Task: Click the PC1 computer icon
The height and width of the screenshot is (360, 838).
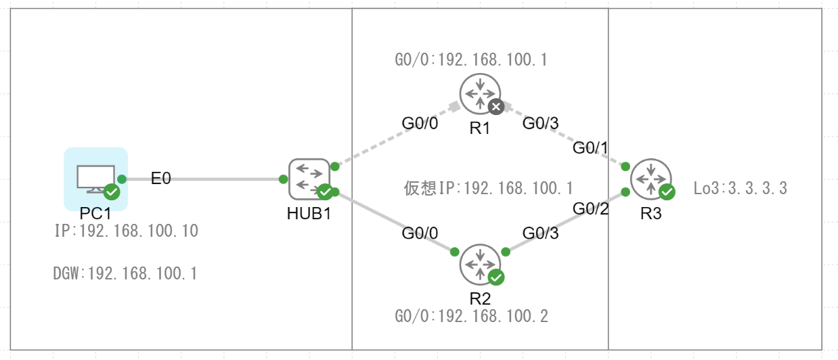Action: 95,178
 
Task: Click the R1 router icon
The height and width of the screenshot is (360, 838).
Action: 480,94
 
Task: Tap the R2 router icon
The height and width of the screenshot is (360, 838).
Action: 480,264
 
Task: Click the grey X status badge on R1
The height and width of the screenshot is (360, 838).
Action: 496,107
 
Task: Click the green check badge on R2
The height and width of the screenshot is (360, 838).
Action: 496,277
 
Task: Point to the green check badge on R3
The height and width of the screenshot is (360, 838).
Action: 667,192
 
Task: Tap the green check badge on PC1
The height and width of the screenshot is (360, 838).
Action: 112,192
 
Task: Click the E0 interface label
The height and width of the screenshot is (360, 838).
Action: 161,179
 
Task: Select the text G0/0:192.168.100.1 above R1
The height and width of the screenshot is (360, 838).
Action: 471,60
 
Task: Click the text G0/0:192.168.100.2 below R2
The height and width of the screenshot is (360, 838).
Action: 471,316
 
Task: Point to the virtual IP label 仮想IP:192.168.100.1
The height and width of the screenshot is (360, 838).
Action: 489,187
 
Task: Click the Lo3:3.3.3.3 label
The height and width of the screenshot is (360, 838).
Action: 741,188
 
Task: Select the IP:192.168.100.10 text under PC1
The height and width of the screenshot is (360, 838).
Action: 126,231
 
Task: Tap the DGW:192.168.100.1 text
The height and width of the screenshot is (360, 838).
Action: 126,274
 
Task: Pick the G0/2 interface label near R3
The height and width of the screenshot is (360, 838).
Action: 591,208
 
